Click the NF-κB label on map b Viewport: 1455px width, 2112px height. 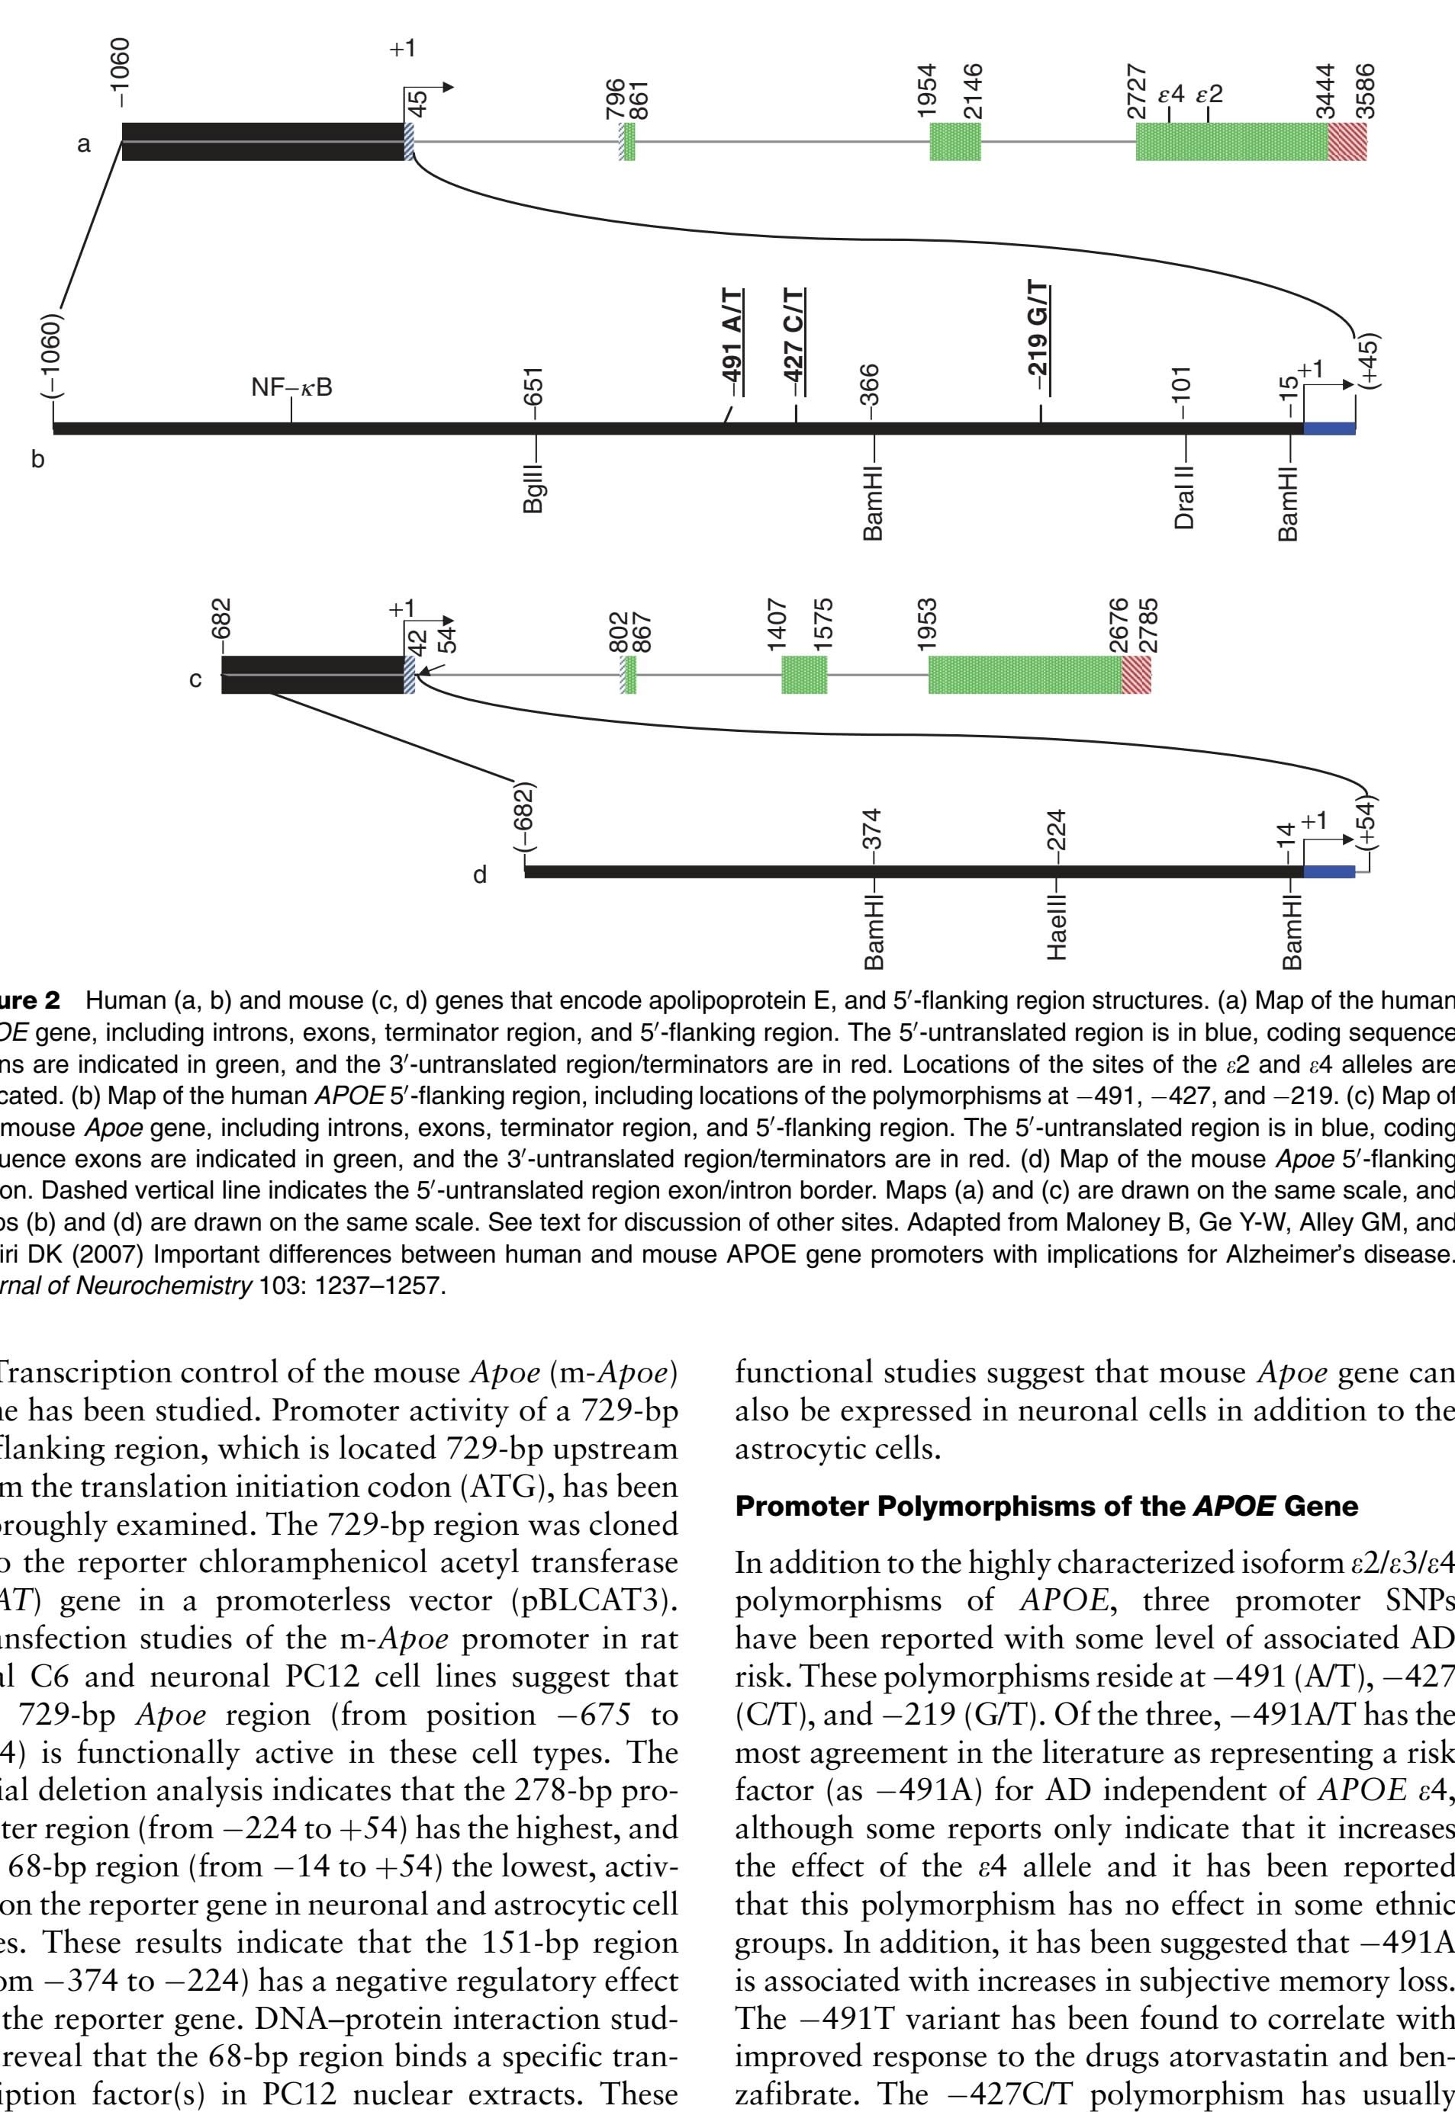coord(291,387)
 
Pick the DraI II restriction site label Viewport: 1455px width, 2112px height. coord(1184,496)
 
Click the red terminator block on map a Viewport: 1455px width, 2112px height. coord(1347,141)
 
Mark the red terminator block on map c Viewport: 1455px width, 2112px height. coord(1136,674)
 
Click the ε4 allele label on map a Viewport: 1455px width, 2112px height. coord(1170,95)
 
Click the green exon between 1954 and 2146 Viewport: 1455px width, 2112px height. coord(954,141)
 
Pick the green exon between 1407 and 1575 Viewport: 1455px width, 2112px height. coord(804,674)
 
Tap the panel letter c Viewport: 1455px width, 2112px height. coord(195,679)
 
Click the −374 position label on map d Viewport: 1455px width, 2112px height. coord(872,829)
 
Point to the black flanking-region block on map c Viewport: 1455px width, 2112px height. coord(312,674)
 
